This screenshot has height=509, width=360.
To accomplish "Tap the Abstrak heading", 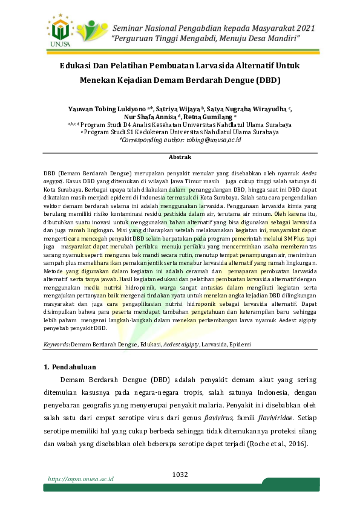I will [x=180, y=157].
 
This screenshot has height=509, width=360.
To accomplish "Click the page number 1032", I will [x=180, y=473].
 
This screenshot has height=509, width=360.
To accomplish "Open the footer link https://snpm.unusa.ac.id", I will [x=81, y=479].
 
